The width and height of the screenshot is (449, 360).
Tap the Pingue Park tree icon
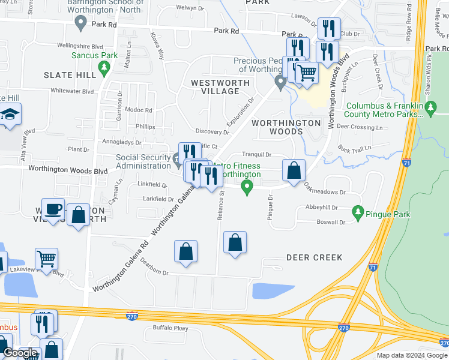pyautogui.click(x=358, y=212)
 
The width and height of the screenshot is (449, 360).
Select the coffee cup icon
pyautogui.click(x=53, y=209)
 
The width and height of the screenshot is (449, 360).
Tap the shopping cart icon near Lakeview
pyautogui.click(x=46, y=259)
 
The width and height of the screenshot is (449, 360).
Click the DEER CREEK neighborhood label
pyautogui.click(x=314, y=257)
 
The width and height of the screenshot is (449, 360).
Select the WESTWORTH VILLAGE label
pyautogui.click(x=215, y=86)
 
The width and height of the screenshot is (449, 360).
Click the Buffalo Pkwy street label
pyautogui.click(x=170, y=328)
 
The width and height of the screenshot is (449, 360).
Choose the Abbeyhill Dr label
pyautogui.click(x=322, y=208)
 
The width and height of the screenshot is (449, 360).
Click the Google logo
pyautogui.click(x=20, y=353)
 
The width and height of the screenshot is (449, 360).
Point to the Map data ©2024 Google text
pyautogui.click(x=412, y=355)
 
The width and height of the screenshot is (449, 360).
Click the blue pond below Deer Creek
pyautogui.click(x=273, y=291)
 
